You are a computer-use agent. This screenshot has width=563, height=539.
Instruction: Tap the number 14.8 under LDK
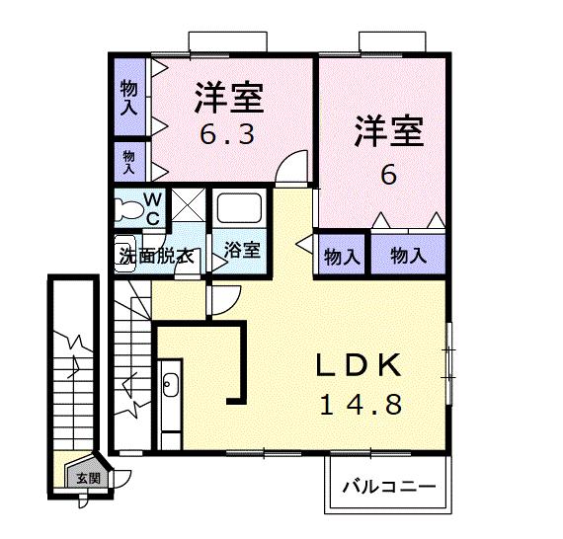(x=360, y=405)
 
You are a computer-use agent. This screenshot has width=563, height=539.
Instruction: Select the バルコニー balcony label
(x=389, y=487)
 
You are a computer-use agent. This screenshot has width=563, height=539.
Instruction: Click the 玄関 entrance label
(x=87, y=478)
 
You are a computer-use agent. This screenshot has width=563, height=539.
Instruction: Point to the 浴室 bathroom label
(x=242, y=250)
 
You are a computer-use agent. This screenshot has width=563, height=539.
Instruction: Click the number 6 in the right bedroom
(x=388, y=176)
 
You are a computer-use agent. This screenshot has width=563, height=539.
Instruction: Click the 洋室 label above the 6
(x=389, y=130)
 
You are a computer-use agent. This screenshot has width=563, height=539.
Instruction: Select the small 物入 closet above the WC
(x=128, y=157)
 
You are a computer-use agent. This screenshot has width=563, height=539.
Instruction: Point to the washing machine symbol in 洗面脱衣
(x=123, y=251)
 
